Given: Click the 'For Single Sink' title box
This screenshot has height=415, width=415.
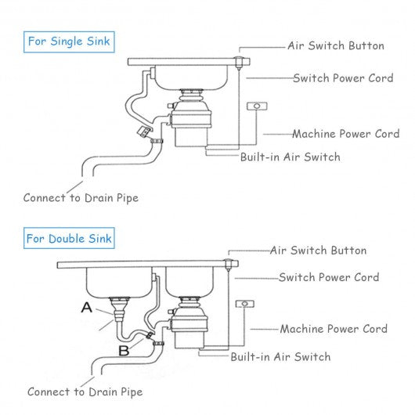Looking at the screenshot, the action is pos(69,41).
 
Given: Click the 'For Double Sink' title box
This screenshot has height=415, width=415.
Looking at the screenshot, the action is pos(69,238).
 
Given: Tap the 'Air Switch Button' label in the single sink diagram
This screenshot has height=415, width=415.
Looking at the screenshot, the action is pos(336,45).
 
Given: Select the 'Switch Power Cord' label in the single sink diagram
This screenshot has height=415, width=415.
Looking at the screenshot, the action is pos(343,78).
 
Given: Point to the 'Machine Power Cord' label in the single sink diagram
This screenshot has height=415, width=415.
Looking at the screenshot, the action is pos(346,134).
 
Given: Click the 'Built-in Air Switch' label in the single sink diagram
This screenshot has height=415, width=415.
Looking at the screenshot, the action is pos(290,157).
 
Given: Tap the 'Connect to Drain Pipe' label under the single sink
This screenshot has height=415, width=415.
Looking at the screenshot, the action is pos(81,198).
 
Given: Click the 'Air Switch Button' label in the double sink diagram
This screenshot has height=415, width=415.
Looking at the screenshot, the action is pos(318,251).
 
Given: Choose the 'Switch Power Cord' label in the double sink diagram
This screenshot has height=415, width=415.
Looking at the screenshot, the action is pos(329,277).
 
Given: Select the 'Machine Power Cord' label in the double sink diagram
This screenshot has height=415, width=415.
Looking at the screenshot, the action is pos(334,329).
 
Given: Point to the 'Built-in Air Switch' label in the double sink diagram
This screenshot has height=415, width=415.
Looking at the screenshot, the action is pos(281,357).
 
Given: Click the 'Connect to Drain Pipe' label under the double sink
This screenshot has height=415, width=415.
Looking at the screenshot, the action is pos(85,392).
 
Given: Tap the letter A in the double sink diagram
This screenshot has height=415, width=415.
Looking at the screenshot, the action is pos(87,308).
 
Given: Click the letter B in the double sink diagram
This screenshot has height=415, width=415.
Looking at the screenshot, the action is pos(124,351).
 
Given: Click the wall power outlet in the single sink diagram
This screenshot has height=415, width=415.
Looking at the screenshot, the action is pos(257,106).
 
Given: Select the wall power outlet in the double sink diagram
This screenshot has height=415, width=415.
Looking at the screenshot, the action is pos(245,304).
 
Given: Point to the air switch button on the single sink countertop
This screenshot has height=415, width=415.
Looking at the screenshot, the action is pos(239,63).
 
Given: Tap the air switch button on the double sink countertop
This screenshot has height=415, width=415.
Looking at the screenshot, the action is pos(228,265).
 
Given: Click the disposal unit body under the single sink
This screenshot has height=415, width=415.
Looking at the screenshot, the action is pos(191,124).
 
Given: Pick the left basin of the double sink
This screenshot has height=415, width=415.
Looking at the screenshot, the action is pos(119,282).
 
